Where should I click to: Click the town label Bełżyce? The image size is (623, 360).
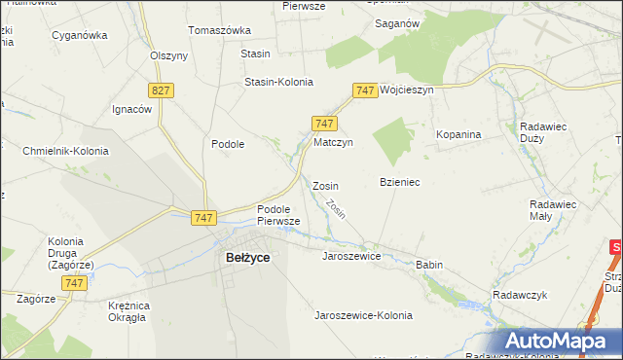coord(247,258)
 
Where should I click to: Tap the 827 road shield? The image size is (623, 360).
coord(162,90)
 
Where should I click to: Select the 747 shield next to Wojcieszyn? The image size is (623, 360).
coord(365,90)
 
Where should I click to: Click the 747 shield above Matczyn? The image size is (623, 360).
coord(325,123)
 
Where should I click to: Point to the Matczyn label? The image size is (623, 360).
coord(332,142)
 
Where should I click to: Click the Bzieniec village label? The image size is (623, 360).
coord(399,183)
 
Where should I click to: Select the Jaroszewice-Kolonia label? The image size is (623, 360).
coord(363,315)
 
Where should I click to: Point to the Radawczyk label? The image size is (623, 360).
coord(522,295)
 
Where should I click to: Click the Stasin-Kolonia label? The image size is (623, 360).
coord(278,82)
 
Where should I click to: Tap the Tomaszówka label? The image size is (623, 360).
coord(219,30)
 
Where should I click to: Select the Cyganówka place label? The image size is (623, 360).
coord(80,35)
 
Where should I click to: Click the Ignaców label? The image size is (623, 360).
coord(132,109)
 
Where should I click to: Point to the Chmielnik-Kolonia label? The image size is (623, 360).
coord(64,151)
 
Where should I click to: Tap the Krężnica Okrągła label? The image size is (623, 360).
coord(127,310)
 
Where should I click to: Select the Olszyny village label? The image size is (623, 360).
coord(168,55)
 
